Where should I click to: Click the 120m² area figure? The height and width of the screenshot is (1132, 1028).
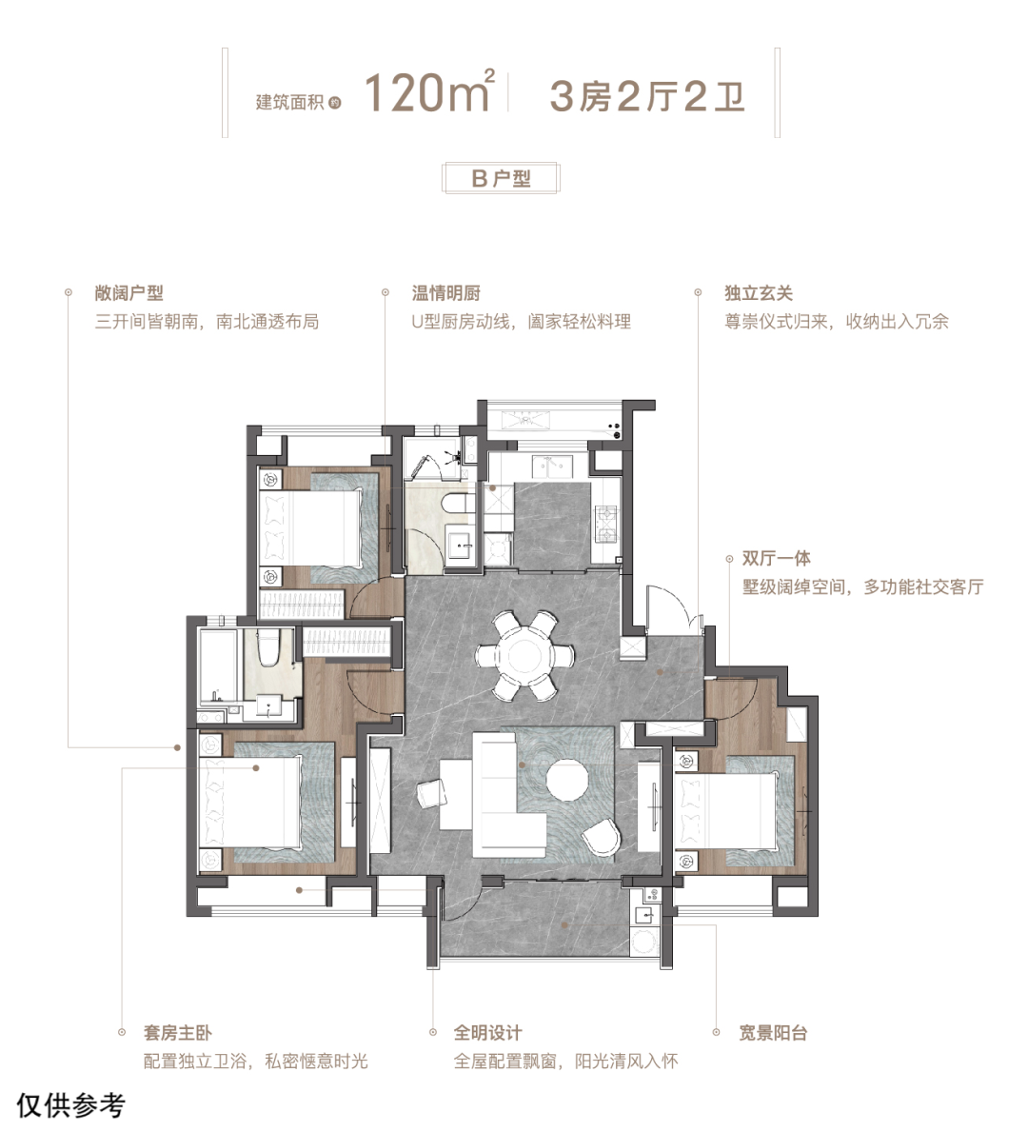(429, 91)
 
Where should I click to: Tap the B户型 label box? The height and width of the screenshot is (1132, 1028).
(501, 178)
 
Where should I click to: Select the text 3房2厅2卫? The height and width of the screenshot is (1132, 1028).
(647, 97)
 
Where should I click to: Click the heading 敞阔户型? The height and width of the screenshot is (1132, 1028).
(128, 293)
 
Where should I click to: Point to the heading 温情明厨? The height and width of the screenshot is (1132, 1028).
(445, 293)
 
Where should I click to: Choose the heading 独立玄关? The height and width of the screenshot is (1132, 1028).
(759, 293)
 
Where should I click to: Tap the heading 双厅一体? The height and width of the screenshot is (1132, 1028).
(777, 558)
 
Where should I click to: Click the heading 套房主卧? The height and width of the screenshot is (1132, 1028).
(178, 1032)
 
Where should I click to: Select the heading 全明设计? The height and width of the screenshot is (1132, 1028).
(488, 1032)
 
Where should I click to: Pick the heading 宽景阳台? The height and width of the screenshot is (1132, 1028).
(773, 1032)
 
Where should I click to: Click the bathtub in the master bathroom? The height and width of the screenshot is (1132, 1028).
(219, 665)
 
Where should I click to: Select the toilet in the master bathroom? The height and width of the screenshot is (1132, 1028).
(268, 648)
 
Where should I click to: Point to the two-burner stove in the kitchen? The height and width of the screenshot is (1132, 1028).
(605, 525)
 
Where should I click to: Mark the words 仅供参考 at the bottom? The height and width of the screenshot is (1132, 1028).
(70, 1105)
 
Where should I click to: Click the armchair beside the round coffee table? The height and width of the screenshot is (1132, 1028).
(602, 838)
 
